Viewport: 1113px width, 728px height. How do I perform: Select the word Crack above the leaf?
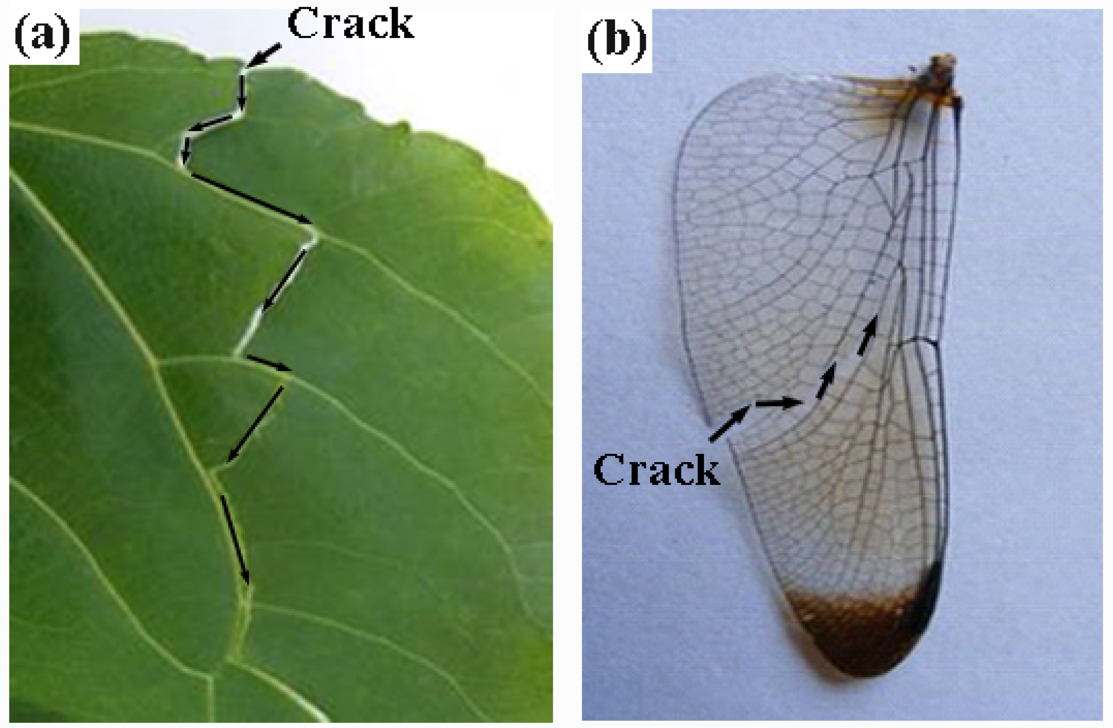pyautogui.click(x=351, y=24)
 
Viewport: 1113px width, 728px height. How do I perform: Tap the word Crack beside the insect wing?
pyautogui.click(x=656, y=470)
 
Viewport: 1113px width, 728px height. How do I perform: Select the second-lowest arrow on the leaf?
pyautogui.click(x=255, y=423)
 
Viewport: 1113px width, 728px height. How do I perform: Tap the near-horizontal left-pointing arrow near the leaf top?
pyautogui.click(x=211, y=123)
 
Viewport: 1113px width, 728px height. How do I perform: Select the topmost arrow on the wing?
pyautogui.click(x=867, y=335)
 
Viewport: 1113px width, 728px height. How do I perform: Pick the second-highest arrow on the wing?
pyautogui.click(x=826, y=380)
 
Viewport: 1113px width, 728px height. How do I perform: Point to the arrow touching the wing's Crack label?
pyautogui.click(x=730, y=423)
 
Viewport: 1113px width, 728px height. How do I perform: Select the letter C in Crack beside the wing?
pyautogui.click(x=608, y=470)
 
